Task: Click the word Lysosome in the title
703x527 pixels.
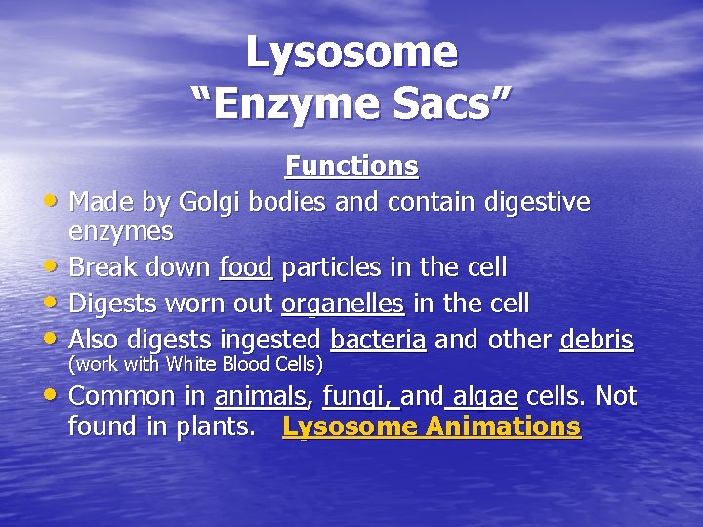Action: point(351,52)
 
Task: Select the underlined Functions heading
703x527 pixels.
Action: point(351,167)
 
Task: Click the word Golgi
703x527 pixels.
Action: point(210,202)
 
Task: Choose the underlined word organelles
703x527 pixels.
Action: point(343,304)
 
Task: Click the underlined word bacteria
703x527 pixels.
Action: point(378,340)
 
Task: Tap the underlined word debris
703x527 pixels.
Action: point(597,340)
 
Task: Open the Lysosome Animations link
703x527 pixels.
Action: point(432,427)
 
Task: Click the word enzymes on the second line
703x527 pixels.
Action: point(121,232)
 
